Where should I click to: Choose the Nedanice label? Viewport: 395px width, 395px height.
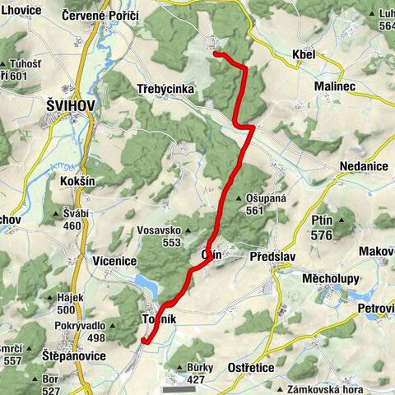364,166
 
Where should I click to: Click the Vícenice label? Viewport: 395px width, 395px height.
114,261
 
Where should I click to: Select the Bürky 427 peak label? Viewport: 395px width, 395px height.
198,373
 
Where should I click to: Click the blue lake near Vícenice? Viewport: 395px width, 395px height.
146,286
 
